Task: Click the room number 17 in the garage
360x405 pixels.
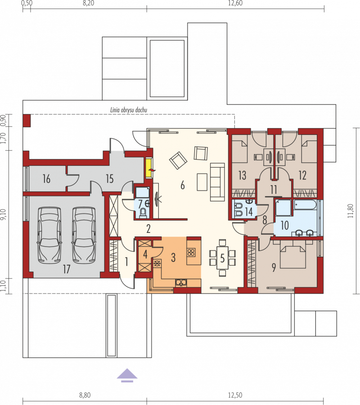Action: pyautogui.click(x=67, y=269)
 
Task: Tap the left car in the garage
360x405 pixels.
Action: pyautogui.click(x=49, y=235)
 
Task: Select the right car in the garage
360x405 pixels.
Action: pyautogui.click(x=84, y=235)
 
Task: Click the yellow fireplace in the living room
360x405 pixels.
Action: pyautogui.click(x=149, y=168)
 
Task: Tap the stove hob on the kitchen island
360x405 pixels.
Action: pyautogui.click(x=191, y=252)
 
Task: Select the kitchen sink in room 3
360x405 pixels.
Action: pyautogui.click(x=181, y=283)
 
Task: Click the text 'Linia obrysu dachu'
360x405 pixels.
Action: pyautogui.click(x=129, y=110)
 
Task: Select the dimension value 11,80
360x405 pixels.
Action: pyautogui.click(x=350, y=211)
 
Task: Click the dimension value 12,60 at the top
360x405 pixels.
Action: pyautogui.click(x=235, y=3)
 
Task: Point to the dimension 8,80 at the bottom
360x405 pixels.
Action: pyautogui.click(x=85, y=395)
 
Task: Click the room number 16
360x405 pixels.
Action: pyautogui.click(x=46, y=179)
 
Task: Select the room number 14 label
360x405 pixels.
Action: pyautogui.click(x=249, y=212)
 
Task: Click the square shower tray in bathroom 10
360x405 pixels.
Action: pyautogui.click(x=283, y=207)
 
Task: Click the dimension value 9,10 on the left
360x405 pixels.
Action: pyautogui.click(x=3, y=215)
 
